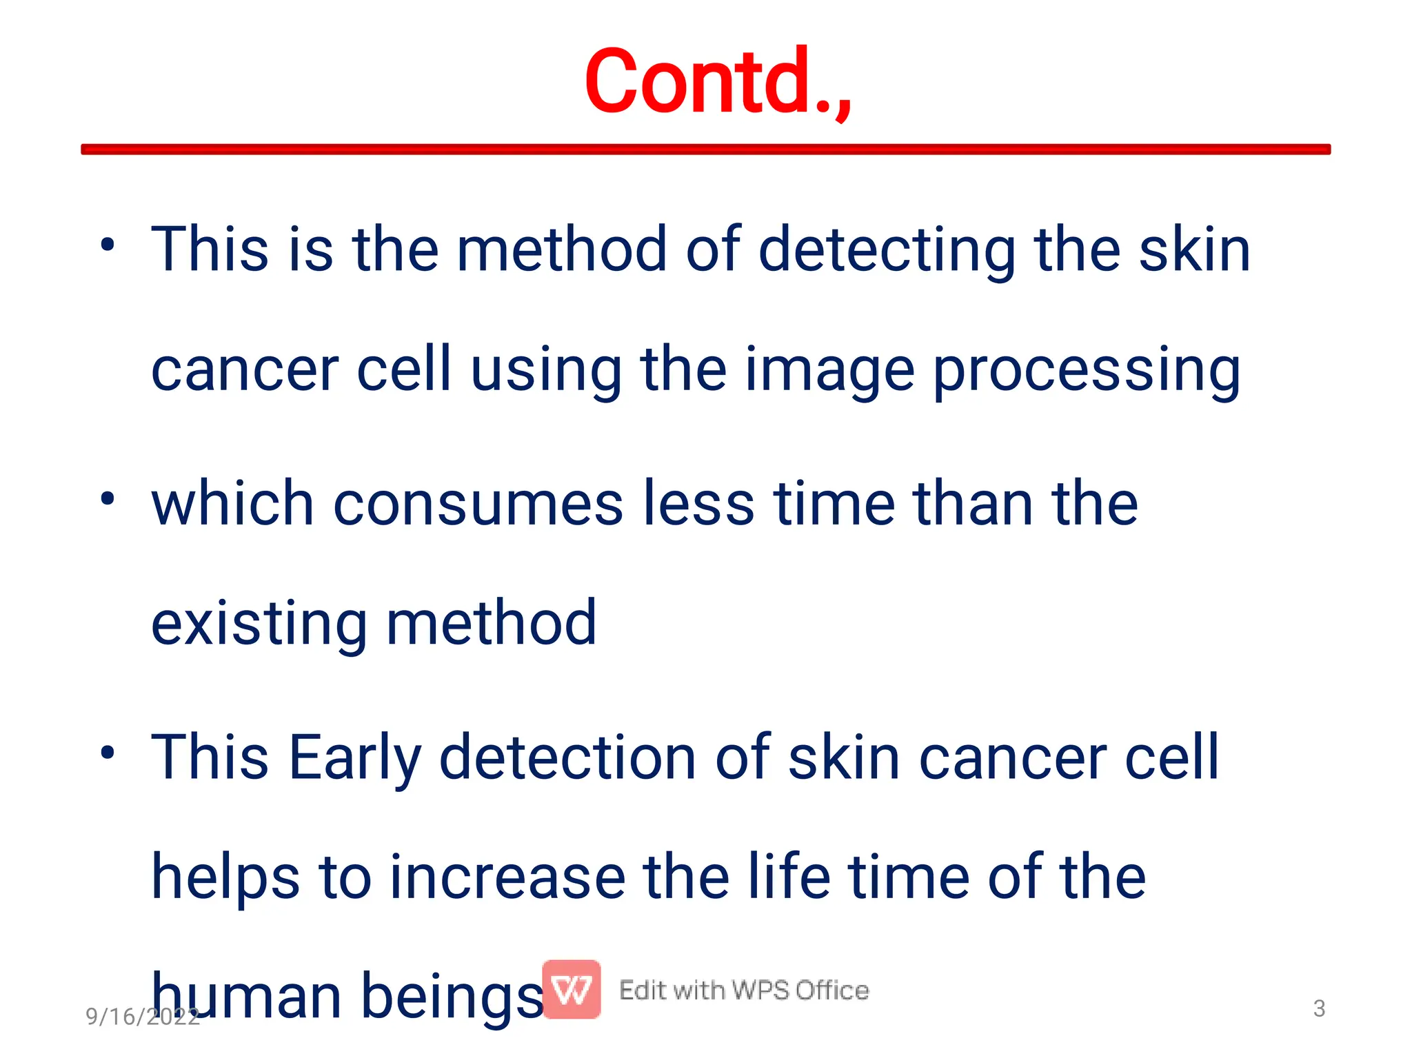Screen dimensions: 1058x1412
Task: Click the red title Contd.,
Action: coord(718,82)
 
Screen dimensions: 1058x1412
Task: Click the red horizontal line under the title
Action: coord(705,150)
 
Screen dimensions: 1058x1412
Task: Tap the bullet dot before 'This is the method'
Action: coord(107,245)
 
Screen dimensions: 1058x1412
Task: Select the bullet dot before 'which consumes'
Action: coord(107,498)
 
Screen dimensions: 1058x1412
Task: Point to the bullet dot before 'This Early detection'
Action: coord(107,752)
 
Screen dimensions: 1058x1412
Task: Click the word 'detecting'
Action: coord(887,251)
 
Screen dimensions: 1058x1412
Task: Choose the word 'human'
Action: coord(246,997)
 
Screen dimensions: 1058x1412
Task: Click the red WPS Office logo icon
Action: coord(571,990)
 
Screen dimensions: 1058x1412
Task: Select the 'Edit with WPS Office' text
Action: coord(744,990)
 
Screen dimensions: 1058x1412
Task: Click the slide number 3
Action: coord(1319,1009)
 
